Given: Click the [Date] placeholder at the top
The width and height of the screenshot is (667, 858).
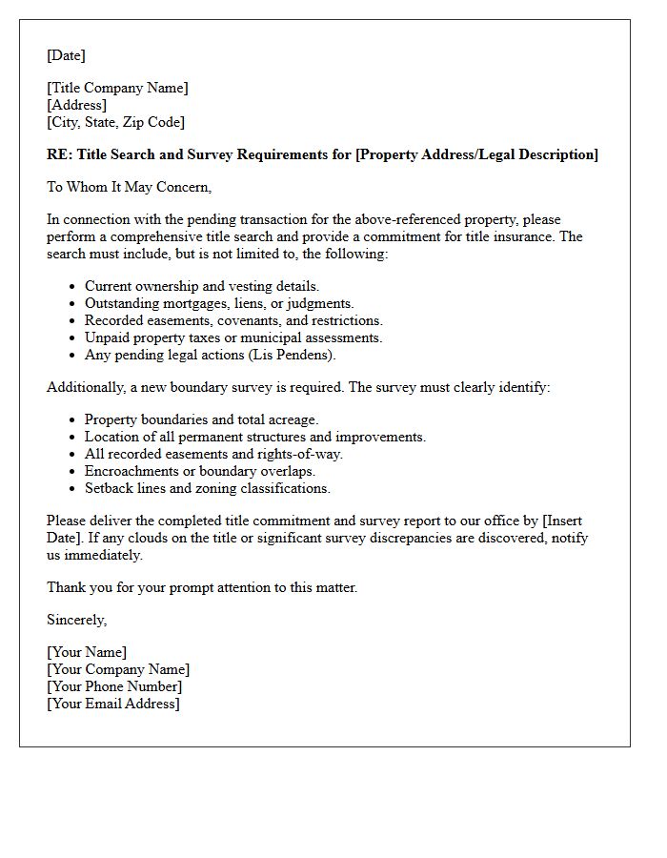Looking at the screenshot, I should pos(66,55).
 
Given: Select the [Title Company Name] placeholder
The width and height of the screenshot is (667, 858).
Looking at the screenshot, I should pos(117,88).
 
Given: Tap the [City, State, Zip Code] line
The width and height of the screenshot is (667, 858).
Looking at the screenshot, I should pos(115,122).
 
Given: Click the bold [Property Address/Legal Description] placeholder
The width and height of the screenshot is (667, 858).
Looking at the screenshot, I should pos(476,154).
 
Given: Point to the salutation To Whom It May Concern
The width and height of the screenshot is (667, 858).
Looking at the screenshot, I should pos(129,187).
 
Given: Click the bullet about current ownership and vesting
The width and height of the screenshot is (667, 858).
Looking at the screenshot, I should pos(202,286).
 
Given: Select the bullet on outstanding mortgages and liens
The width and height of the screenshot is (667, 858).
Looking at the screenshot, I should pos(219,303).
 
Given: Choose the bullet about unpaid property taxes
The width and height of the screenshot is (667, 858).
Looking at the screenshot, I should pos(233,337).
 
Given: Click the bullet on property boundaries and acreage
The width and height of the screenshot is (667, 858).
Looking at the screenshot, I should pos(201,419).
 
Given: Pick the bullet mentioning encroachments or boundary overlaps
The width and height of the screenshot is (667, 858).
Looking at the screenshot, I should pos(199,471).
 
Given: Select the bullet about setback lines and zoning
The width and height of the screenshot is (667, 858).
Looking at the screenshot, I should pos(207,488).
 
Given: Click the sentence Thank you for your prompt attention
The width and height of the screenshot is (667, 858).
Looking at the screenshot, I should pos(202,587).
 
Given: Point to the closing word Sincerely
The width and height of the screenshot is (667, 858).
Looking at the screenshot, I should pos(76,620).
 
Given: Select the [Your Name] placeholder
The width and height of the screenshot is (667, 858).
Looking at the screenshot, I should pos(87,652).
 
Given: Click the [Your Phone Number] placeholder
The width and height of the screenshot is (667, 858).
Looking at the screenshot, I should pos(114,686).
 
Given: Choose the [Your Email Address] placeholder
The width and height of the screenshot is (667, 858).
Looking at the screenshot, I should pos(112,704).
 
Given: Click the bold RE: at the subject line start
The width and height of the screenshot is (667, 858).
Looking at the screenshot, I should pos(59,154).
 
